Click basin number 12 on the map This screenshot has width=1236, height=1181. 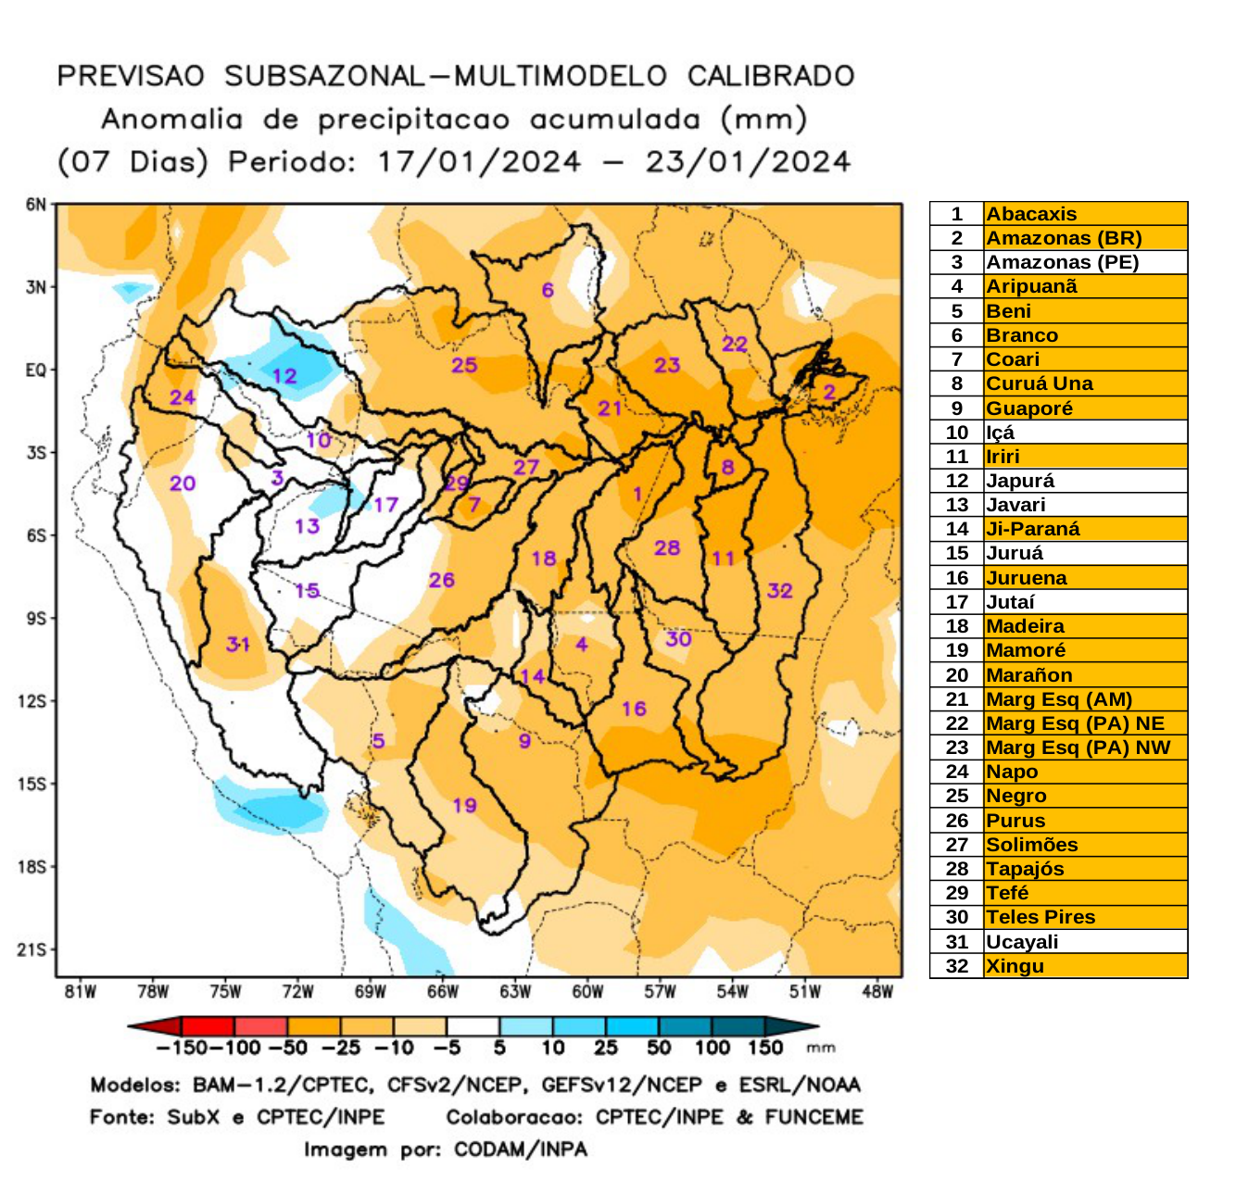coord(284,376)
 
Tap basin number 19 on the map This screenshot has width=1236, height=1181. coord(464,805)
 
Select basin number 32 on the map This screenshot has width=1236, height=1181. coord(779,590)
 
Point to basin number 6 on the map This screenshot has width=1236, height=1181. coord(548,290)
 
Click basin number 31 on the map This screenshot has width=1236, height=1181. coord(238,643)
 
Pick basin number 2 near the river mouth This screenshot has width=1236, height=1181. coord(829,391)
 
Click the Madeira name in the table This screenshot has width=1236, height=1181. coord(1025,626)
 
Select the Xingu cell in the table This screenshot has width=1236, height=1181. coord(1015,966)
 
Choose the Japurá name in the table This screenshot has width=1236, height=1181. coord(1020,481)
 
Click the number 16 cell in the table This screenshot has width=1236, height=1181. coord(956,578)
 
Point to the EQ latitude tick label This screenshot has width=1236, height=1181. coord(35,371)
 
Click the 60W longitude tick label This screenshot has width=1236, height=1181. coord(587,992)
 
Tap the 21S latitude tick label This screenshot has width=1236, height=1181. coord(32,949)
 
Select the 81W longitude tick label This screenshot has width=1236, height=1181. coord(81,992)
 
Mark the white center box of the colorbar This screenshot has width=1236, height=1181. coord(473,1026)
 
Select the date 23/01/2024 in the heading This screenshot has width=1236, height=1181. coord(748,162)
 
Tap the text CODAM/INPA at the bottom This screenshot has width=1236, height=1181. coord(520,1150)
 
